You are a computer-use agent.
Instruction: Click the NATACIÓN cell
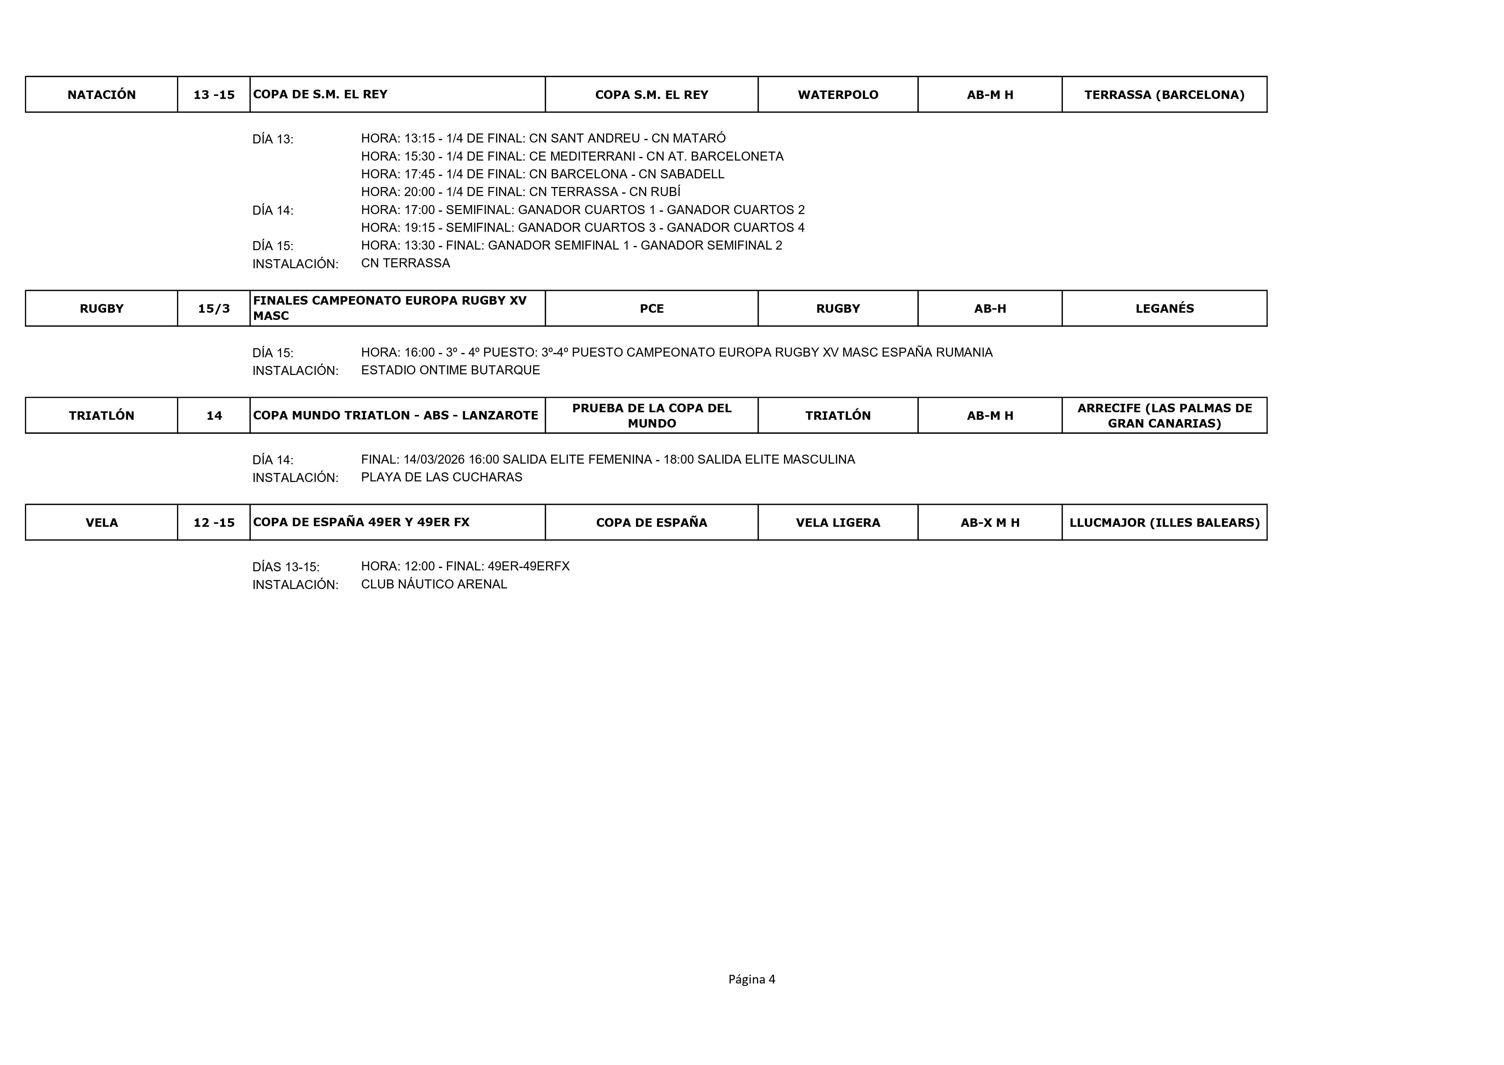tap(102, 94)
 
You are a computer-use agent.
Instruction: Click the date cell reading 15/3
tap(214, 308)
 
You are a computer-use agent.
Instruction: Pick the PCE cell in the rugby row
tap(651, 308)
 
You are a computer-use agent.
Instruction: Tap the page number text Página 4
tap(752, 979)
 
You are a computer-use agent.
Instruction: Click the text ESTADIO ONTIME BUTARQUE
tap(450, 370)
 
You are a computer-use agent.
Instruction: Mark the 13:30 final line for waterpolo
tap(572, 245)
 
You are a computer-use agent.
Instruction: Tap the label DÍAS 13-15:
tap(286, 566)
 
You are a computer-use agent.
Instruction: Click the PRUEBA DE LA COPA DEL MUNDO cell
tap(651, 415)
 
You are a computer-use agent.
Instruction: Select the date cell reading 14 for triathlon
tap(214, 415)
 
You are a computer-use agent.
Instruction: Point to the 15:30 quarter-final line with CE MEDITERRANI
tap(572, 156)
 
